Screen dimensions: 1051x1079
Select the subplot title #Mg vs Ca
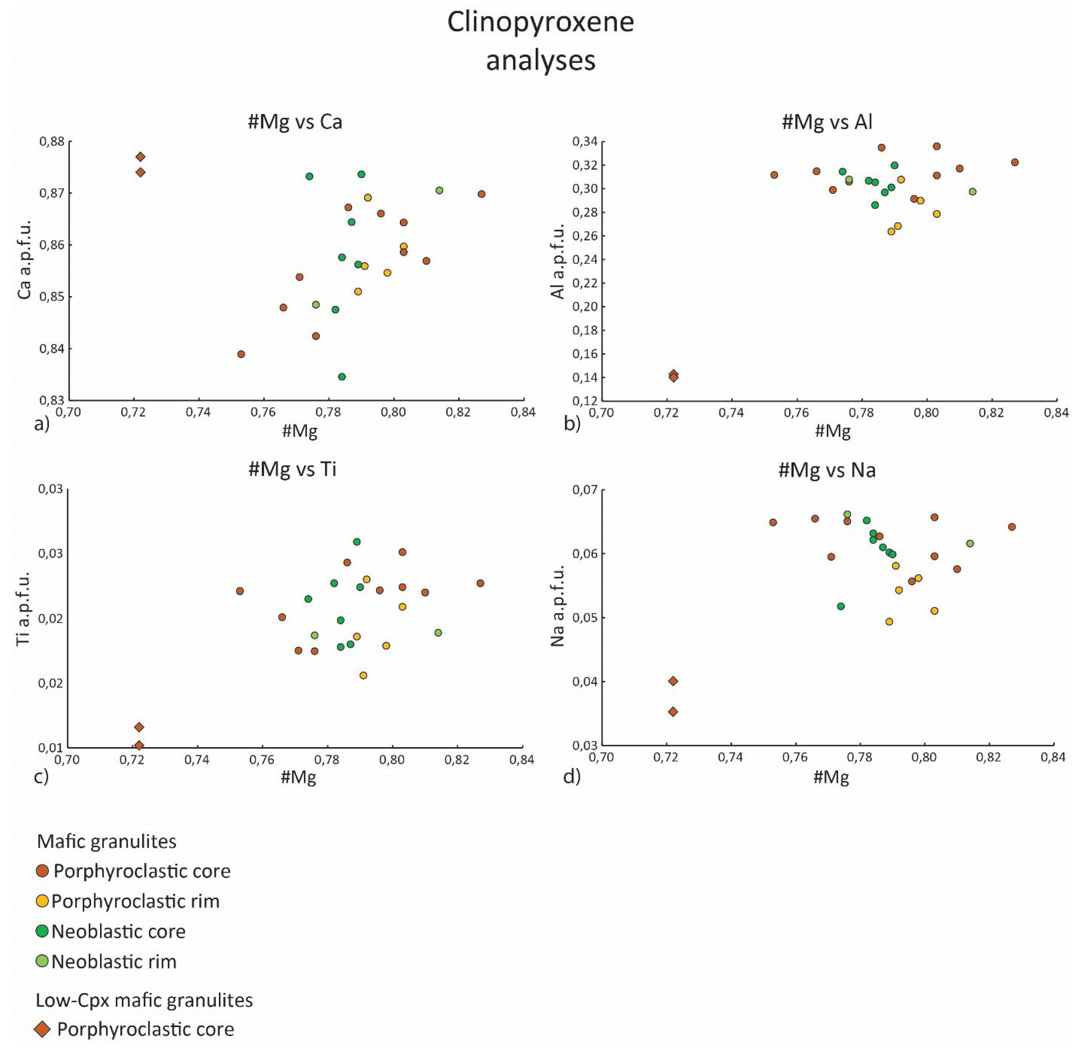295,122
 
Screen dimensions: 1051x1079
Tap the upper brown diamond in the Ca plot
140,157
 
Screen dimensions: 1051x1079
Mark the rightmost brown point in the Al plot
1014,162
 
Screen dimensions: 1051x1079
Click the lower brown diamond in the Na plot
673,711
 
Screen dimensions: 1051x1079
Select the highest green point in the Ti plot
357,542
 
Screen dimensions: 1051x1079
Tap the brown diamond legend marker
42,1029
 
